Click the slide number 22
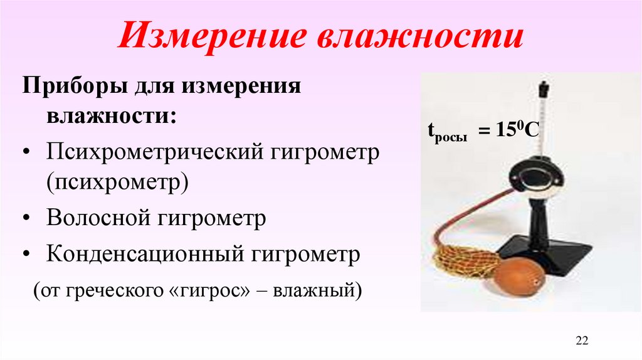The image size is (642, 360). (582, 341)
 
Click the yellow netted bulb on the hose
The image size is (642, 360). (464, 262)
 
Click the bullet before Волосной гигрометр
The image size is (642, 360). (31, 219)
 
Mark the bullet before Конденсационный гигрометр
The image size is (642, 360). (31, 255)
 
